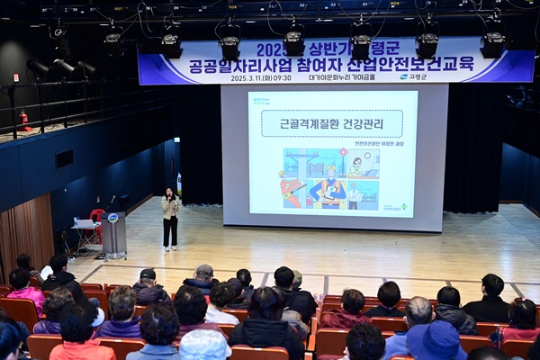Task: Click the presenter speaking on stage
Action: point(170,217)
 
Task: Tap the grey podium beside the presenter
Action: point(113,234)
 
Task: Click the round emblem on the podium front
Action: point(113,218)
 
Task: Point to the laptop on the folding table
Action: point(87,222)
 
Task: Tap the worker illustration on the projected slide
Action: point(329,178)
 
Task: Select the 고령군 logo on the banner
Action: point(416,77)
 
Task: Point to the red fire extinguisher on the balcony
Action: point(24,121)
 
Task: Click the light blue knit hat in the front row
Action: point(204,345)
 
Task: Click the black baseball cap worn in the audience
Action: point(148,274)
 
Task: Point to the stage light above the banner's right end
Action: point(492,43)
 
